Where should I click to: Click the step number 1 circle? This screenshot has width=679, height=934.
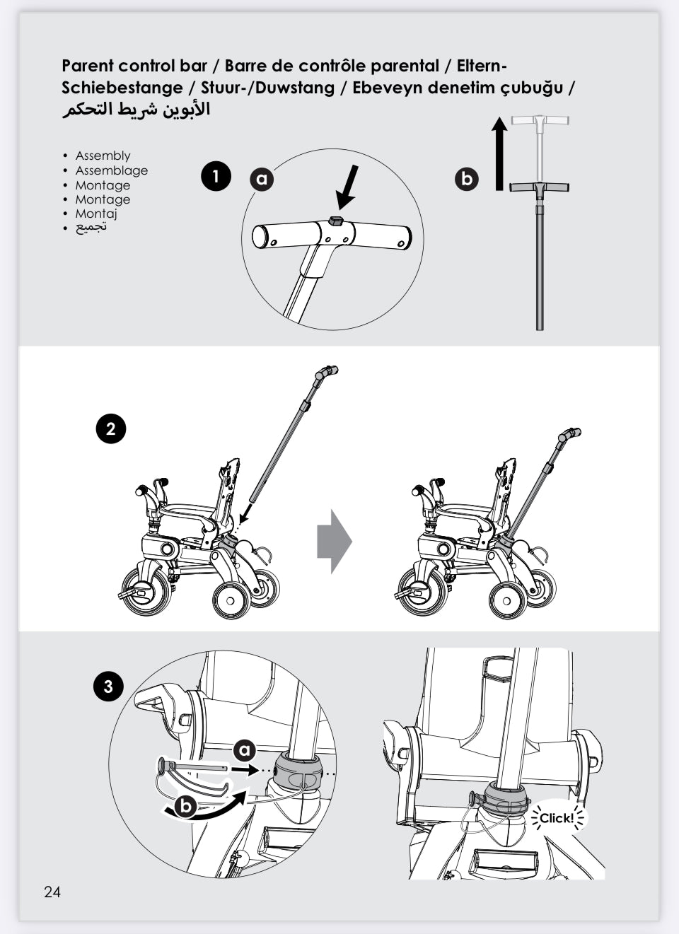pyautogui.click(x=216, y=176)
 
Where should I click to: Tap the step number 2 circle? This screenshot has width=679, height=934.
pyautogui.click(x=110, y=429)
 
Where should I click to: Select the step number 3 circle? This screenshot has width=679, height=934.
pyautogui.click(x=108, y=686)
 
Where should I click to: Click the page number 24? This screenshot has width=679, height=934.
pyautogui.click(x=52, y=892)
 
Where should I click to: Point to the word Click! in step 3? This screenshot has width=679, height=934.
pyautogui.click(x=557, y=818)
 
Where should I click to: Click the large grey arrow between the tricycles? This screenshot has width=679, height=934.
pyautogui.click(x=334, y=541)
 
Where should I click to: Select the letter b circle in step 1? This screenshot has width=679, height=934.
pyautogui.click(x=466, y=179)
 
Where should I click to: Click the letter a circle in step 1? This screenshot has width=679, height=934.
pyautogui.click(x=262, y=179)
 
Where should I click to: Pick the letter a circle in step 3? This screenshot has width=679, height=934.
pyautogui.click(x=245, y=750)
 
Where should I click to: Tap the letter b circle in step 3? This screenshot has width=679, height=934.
pyautogui.click(x=185, y=805)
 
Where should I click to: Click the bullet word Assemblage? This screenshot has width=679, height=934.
pyautogui.click(x=112, y=170)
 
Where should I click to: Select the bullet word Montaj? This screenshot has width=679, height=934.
pyautogui.click(x=96, y=214)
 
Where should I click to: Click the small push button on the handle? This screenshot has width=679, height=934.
pyautogui.click(x=336, y=221)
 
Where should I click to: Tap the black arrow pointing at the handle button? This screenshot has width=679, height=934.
pyautogui.click(x=348, y=187)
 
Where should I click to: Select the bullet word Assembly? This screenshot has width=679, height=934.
pyautogui.click(x=103, y=156)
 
